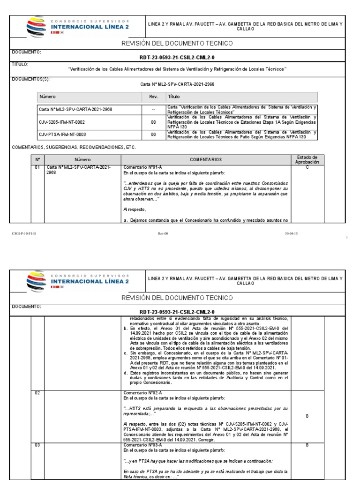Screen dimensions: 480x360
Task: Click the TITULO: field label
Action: (x=20, y=64)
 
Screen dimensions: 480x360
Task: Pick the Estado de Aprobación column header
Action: (x=307, y=159)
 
